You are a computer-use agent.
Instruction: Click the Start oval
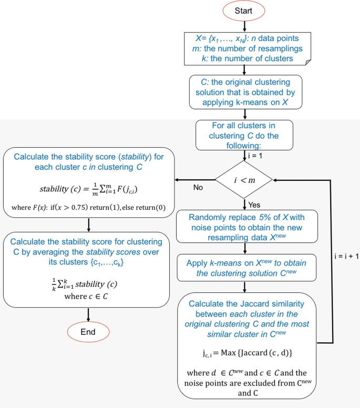[244, 11]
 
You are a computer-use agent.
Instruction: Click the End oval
[88, 332]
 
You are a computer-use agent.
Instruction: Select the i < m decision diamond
[244, 180]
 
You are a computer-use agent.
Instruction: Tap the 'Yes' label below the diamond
[254, 205]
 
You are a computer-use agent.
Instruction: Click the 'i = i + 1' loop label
[346, 258]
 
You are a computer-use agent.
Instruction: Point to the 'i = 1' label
[256, 156]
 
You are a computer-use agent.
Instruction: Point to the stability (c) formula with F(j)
[88, 189]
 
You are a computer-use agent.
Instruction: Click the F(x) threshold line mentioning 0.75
[88, 208]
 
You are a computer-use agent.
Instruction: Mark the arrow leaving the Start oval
[244, 25]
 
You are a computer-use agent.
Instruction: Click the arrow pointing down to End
[88, 314]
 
